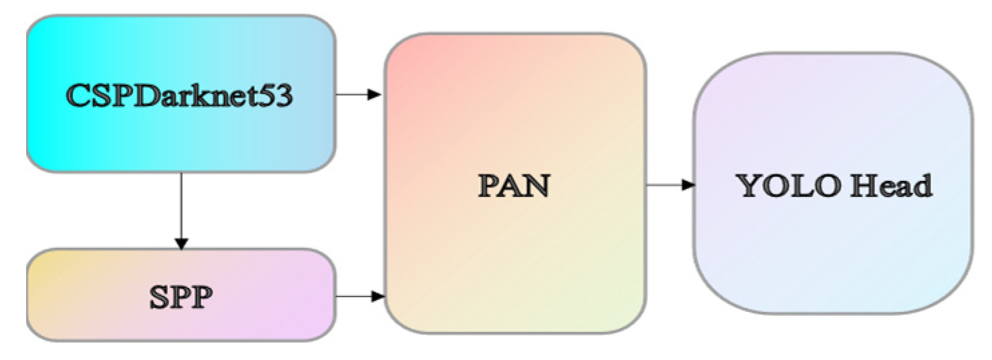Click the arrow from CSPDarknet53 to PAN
point(357,95)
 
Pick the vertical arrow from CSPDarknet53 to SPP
point(180,207)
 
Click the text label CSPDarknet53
point(180,96)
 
